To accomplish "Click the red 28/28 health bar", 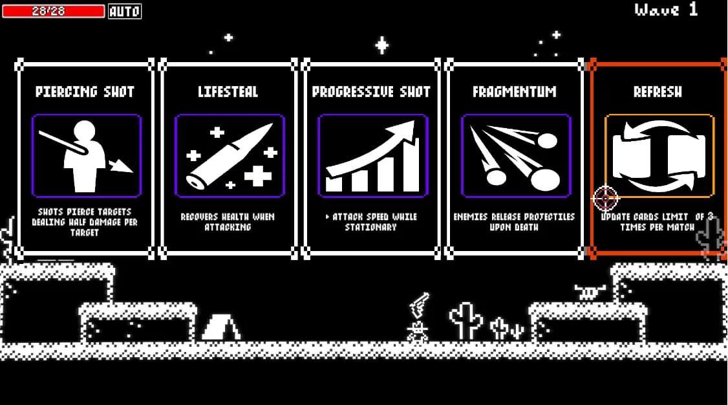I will coord(53,11).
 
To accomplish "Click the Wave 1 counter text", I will coord(666,10).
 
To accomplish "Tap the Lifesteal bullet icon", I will coord(230,156).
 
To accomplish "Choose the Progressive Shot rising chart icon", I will coord(372,156).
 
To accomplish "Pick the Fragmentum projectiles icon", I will coord(515,156).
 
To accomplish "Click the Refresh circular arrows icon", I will coord(659,156).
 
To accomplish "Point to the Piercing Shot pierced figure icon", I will coord(86,156).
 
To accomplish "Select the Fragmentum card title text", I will coord(515,92).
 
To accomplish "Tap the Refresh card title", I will coord(658,92).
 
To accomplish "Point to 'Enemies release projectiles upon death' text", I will coord(515,222).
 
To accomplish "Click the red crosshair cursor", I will coord(605,199).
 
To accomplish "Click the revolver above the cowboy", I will coord(419,303).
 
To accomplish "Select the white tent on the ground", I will coord(220,327).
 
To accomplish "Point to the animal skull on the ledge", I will coord(588,292).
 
